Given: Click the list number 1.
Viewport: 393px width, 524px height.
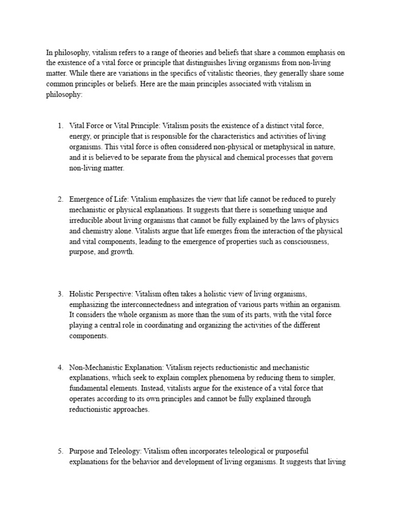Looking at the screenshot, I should click(x=59, y=125).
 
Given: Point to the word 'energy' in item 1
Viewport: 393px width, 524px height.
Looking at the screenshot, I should click(x=79, y=136).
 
